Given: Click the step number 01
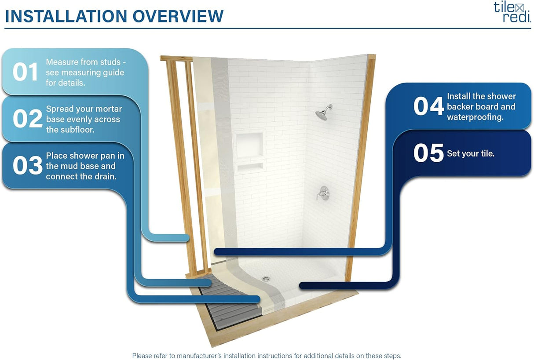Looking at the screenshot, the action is click(25, 72).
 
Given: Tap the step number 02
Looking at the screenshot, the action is click(28, 118).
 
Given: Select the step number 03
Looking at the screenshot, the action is click(28, 165).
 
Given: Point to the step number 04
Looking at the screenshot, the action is click(428, 106).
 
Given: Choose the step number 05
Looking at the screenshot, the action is click(428, 153).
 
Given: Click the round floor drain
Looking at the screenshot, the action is click(266, 279).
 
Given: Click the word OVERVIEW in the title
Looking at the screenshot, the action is click(178, 16).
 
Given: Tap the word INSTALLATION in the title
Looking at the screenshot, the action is click(66, 16).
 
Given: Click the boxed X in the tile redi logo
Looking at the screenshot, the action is click(519, 9).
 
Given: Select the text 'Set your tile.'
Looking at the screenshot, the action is click(471, 153).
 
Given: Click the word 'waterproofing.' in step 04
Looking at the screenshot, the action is click(475, 117).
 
